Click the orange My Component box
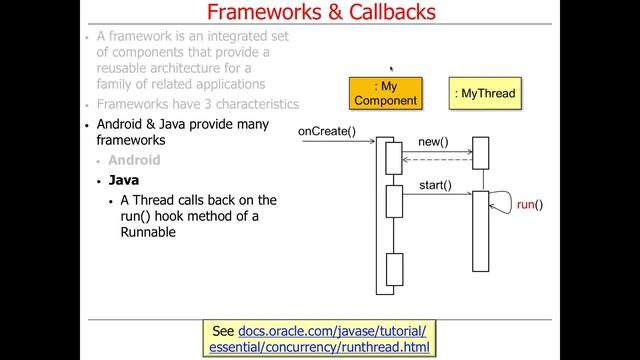point(387,93)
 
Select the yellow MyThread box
point(484,94)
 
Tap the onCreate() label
point(327,132)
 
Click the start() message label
point(435,184)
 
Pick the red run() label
point(530,205)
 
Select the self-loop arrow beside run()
point(500,203)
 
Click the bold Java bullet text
point(125,181)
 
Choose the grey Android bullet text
point(134,160)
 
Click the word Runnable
point(148,232)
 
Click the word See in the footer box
point(223,330)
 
